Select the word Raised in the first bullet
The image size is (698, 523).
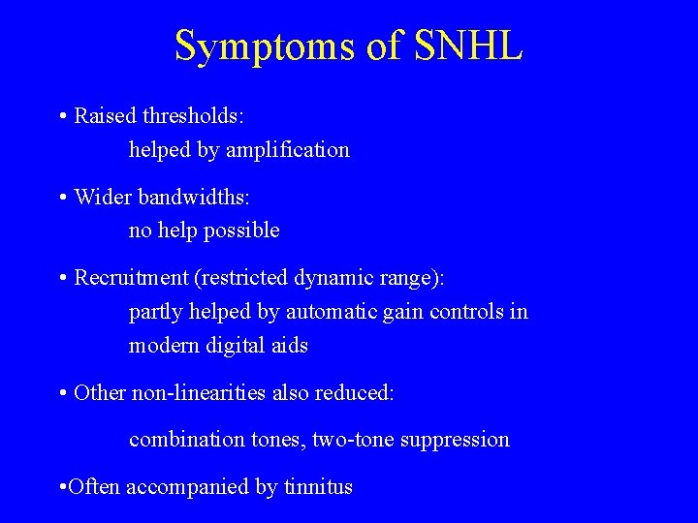pos(106,116)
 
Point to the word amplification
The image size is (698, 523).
pos(290,150)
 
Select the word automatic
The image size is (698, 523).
pos(329,312)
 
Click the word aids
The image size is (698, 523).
pos(290,346)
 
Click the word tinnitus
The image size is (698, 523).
pos(318,487)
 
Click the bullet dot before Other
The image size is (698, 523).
pos(62,393)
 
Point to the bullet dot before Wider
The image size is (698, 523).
pos(62,198)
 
